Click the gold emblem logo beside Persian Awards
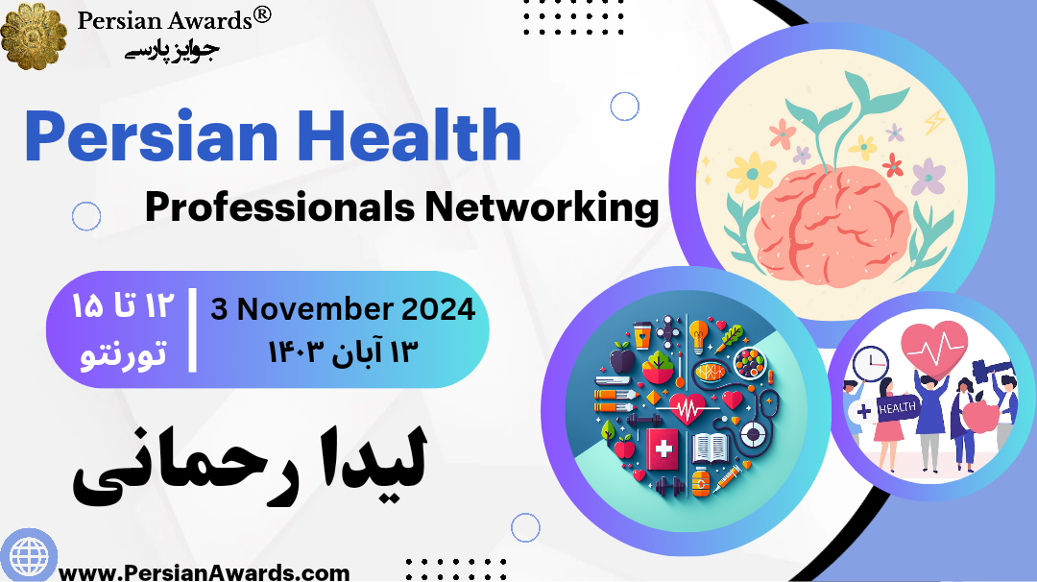(x=34, y=35)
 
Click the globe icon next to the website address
(x=27, y=555)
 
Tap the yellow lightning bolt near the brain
(x=933, y=122)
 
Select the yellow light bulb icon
(x=698, y=330)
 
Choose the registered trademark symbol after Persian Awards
(x=261, y=14)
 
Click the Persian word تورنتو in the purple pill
(x=121, y=352)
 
